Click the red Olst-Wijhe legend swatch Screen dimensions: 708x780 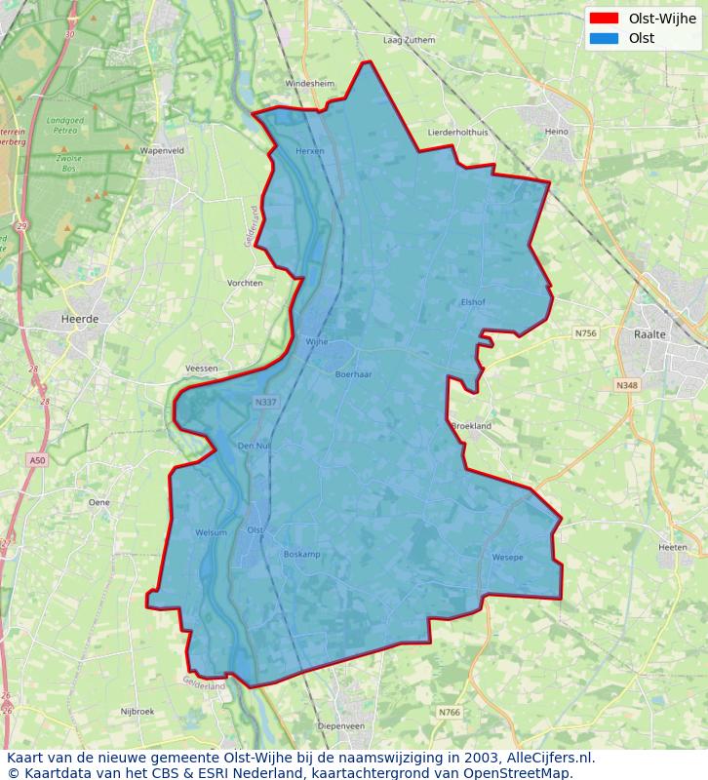click(x=604, y=18)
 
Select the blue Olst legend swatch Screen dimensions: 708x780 click(x=604, y=39)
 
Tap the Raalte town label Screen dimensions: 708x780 click(x=649, y=333)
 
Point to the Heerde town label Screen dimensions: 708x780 click(x=79, y=319)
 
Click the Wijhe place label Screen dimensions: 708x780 click(x=317, y=342)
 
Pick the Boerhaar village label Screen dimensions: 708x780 click(x=353, y=374)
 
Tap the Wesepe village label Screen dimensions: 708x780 click(x=507, y=557)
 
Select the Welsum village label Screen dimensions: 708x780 click(x=211, y=532)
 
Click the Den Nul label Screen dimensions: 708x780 click(x=254, y=446)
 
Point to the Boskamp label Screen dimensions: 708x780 click(x=301, y=554)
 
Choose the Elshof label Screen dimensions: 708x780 click(x=472, y=302)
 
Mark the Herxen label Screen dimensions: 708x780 click(x=309, y=151)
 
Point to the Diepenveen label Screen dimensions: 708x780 click(x=341, y=726)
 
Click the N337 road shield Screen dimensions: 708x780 click(x=263, y=402)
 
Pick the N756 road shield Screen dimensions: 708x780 click(x=585, y=333)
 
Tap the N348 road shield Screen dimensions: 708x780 click(x=626, y=386)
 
